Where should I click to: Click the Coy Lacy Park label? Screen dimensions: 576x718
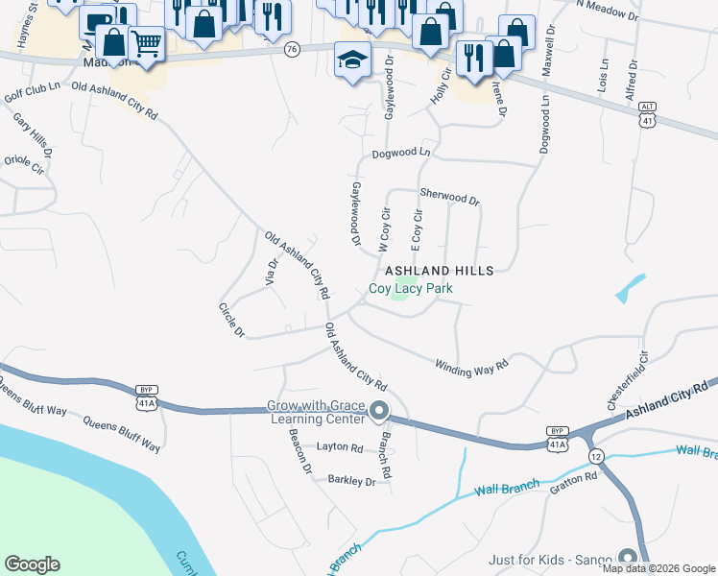[411, 288]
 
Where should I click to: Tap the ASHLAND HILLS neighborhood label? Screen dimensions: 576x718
[439, 272]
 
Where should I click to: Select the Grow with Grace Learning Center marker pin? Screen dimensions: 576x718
[379, 412]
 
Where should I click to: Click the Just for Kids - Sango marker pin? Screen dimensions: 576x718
[628, 558]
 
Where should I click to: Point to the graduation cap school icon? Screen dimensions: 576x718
[351, 60]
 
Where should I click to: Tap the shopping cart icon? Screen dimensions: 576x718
[146, 42]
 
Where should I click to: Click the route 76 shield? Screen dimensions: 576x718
[293, 48]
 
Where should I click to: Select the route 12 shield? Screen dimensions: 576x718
[596, 454]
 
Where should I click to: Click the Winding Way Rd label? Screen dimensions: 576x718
[470, 366]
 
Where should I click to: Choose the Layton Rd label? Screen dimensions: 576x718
[340, 447]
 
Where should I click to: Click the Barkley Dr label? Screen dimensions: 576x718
[351, 480]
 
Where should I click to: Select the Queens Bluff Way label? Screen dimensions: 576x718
[121, 433]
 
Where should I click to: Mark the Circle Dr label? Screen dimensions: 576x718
[231, 321]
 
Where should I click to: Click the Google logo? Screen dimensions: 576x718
[32, 564]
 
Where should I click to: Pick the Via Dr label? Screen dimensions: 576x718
[271, 273]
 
